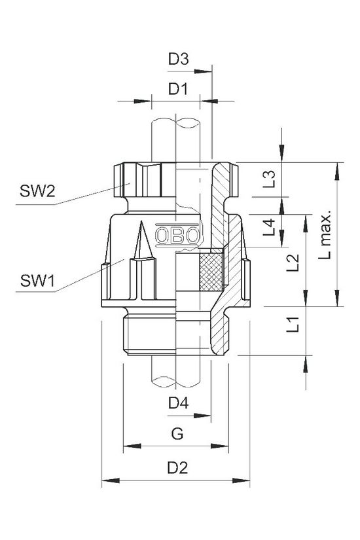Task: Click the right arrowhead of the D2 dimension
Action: pyautogui.click(x=245, y=482)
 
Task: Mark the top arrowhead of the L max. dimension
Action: pyautogui.click(x=337, y=168)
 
